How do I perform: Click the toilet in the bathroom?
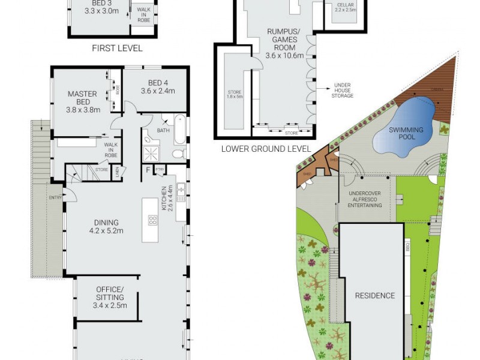(178, 154)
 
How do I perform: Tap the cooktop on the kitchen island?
(152, 220)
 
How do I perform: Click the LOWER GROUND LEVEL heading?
(266, 148)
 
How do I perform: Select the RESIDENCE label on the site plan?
(375, 295)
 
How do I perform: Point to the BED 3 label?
(98, 7)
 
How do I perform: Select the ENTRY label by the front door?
(56, 197)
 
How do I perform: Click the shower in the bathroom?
(150, 154)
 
